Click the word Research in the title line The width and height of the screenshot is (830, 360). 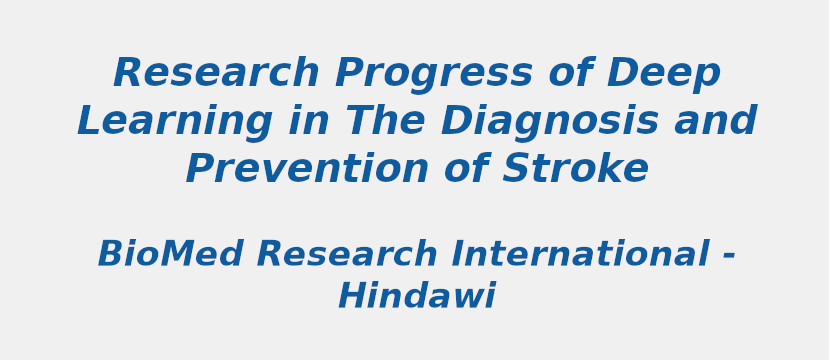(x=216, y=74)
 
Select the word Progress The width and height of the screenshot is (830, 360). (x=434, y=74)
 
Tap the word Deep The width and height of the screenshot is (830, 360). (x=663, y=74)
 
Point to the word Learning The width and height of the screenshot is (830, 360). (x=174, y=122)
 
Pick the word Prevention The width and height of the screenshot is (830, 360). (x=308, y=170)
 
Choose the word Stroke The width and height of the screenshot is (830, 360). (x=575, y=170)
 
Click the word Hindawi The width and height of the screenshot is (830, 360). (x=416, y=297)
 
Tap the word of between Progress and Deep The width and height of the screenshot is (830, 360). (x=570, y=74)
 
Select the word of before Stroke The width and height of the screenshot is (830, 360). (x=466, y=170)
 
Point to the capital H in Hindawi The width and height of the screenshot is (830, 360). (x=351, y=297)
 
